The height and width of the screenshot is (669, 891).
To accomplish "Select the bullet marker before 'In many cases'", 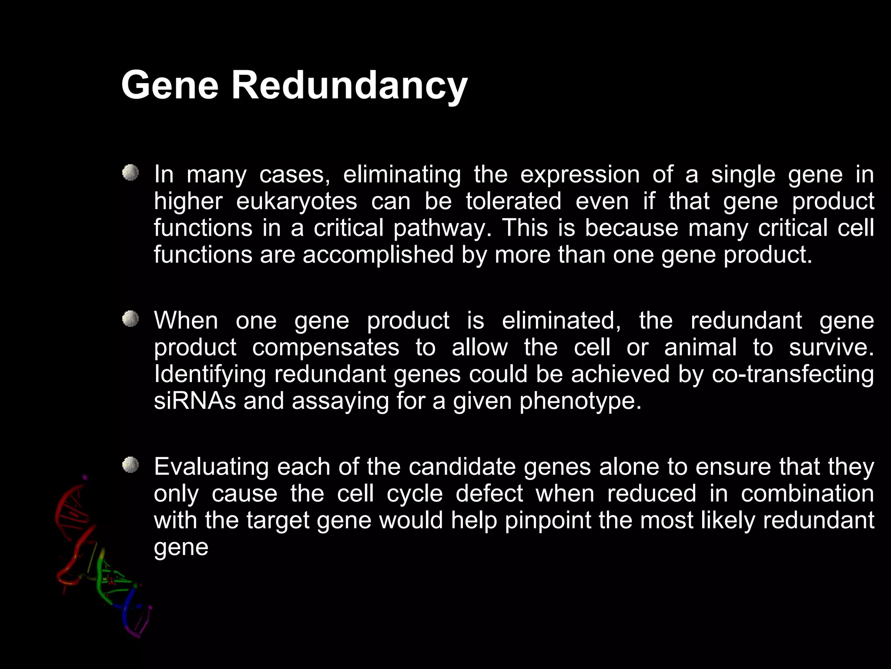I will coord(130,173).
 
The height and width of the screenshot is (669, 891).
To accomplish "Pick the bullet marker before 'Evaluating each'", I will coord(130,465).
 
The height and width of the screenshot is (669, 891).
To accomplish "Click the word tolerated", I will coord(513,201).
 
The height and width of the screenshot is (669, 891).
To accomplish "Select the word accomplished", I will coord(378,255).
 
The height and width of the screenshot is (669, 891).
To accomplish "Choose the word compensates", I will coord(325,348).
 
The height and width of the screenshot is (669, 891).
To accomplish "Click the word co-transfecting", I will coord(792,374).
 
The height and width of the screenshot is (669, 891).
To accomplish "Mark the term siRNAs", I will coord(194,401).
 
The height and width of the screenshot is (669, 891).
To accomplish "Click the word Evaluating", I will coord(211,467).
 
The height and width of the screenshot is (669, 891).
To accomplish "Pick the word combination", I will coord(807,493).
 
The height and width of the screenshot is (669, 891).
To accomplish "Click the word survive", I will coord(831,348).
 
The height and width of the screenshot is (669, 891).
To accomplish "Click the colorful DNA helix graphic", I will coord(102,562).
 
